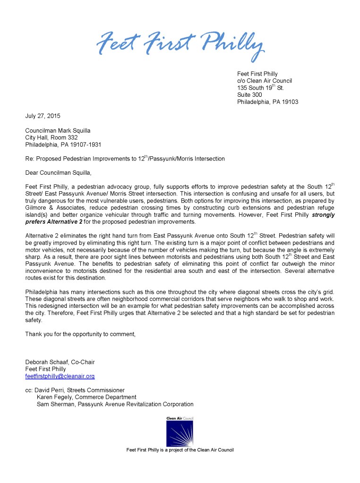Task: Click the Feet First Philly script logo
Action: click(180, 46)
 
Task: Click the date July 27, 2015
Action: click(43, 116)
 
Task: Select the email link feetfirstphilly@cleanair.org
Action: click(60, 376)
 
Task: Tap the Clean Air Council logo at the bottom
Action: click(180, 432)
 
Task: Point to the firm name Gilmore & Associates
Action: click(53, 208)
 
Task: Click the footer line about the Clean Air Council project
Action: click(180, 450)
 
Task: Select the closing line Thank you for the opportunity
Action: click(80, 334)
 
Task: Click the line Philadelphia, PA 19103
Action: click(267, 102)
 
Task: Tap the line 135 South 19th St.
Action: click(260, 88)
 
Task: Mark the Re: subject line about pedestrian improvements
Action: click(125, 159)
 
